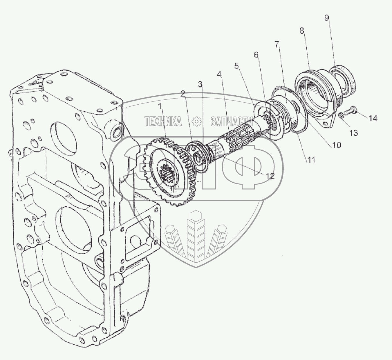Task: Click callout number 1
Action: click(x=160, y=106)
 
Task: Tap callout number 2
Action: click(x=183, y=93)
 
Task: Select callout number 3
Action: click(x=200, y=84)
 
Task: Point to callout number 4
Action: click(x=220, y=74)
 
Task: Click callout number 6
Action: click(x=256, y=54)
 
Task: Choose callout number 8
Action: click(x=302, y=30)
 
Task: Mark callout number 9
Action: click(x=327, y=18)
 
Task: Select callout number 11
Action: click(x=311, y=160)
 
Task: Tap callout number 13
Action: click(x=353, y=133)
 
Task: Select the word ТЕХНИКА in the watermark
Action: click(x=163, y=121)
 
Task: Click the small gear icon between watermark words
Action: click(x=197, y=121)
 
